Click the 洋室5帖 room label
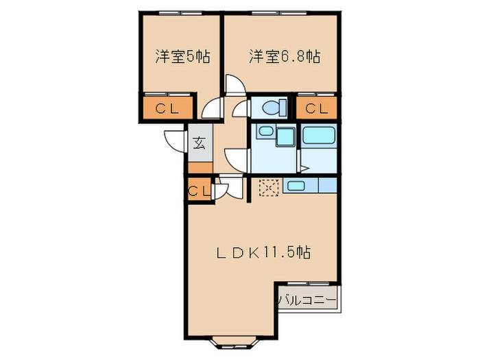tap(182, 56)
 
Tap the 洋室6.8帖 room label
tap(285, 56)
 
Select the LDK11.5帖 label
tap(264, 252)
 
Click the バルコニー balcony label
tap(307, 300)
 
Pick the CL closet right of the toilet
tap(316, 108)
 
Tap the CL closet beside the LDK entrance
tap(198, 191)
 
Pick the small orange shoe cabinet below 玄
tap(200, 167)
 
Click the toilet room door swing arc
tap(241, 109)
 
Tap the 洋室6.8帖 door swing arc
tap(234, 84)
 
